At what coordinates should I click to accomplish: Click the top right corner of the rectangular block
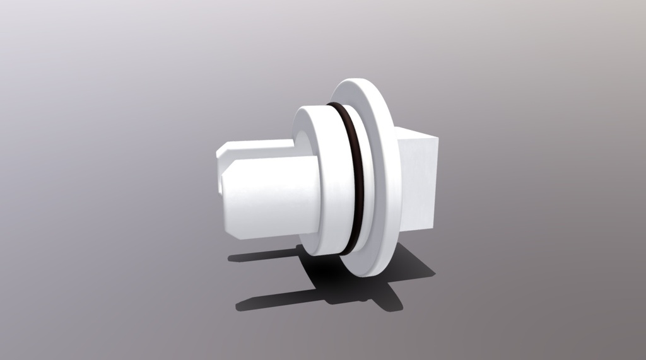pyautogui.click(x=437, y=137)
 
